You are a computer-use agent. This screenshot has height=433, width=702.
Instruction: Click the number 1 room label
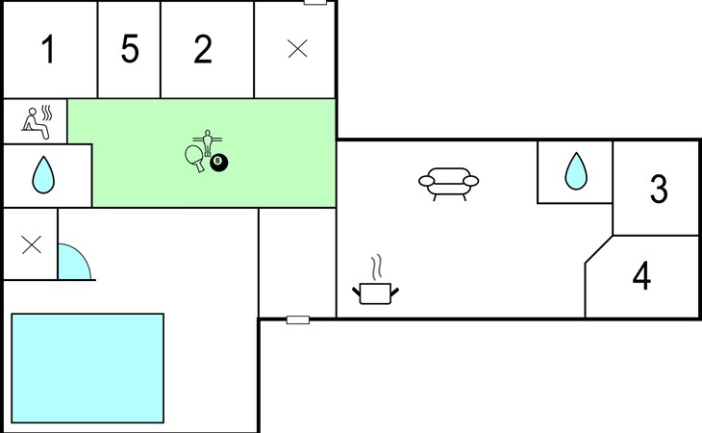click(x=48, y=50)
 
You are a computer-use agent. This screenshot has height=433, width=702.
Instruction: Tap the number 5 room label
click(x=130, y=50)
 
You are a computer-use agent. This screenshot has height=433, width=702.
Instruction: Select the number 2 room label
click(x=202, y=50)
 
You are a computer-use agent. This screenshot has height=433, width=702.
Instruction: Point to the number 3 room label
click(x=659, y=190)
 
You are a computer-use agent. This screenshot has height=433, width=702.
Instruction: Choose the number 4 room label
click(x=641, y=276)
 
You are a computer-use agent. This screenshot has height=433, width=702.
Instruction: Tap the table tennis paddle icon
click(x=194, y=158)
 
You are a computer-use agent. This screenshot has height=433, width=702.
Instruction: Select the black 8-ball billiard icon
click(x=219, y=163)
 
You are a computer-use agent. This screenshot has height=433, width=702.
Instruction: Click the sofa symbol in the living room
click(x=449, y=182)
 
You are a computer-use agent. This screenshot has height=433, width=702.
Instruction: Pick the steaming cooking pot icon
click(x=376, y=293)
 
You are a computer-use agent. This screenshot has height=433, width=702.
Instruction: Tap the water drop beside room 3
click(x=575, y=171)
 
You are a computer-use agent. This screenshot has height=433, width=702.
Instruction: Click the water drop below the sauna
click(x=42, y=175)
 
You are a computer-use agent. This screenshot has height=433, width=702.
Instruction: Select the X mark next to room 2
click(x=298, y=50)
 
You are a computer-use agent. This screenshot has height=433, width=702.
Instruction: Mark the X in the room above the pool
click(x=31, y=244)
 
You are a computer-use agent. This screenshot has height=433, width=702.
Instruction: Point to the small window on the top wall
click(x=315, y=3)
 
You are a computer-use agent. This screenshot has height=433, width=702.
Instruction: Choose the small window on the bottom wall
click(x=298, y=319)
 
